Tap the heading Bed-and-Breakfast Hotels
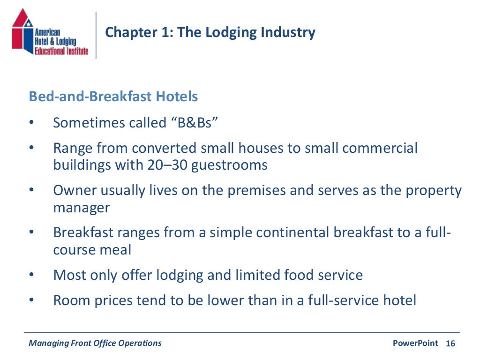[x=113, y=97]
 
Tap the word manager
[x=82, y=208]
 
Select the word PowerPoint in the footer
[x=415, y=343]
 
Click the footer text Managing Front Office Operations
[x=95, y=343]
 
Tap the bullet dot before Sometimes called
[x=31, y=123]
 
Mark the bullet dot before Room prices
[x=31, y=300]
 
